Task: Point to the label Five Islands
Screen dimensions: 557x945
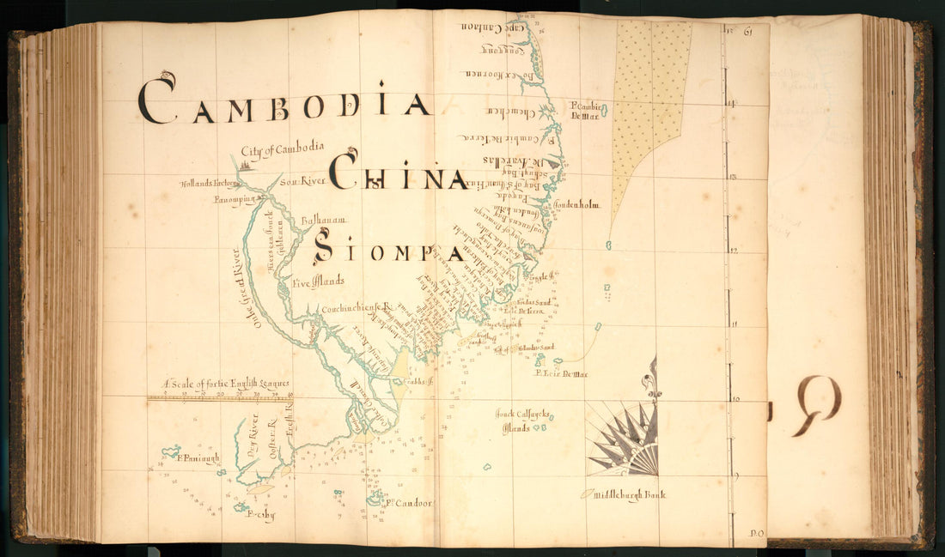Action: click(317, 281)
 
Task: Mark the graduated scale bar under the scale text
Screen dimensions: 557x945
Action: click(220, 397)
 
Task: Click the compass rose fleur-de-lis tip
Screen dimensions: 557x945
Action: click(653, 378)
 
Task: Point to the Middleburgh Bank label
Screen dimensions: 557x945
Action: click(633, 494)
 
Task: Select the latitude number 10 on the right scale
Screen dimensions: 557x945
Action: click(735, 398)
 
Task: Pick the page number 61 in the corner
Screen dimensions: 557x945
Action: click(748, 33)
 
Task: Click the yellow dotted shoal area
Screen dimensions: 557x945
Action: click(649, 103)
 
